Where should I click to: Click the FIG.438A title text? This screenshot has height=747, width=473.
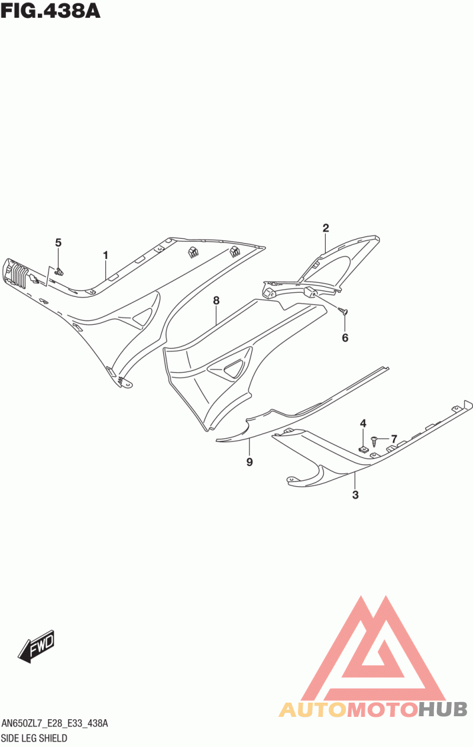[50, 10]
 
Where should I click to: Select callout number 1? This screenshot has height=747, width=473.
[106, 256]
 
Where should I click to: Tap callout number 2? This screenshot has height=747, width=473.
[325, 228]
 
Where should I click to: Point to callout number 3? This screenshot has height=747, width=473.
[355, 495]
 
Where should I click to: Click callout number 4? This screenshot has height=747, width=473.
[363, 423]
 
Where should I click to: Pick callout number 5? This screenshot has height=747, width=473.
[58, 242]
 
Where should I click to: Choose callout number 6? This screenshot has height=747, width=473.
[345, 338]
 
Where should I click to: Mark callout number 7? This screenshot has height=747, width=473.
[394, 439]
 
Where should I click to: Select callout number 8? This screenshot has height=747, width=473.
[216, 300]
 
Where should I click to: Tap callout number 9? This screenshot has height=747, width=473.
[250, 462]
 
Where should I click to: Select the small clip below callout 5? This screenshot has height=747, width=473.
[60, 272]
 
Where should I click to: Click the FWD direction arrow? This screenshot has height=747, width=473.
[37, 646]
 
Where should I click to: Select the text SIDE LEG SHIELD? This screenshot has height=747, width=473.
[34, 738]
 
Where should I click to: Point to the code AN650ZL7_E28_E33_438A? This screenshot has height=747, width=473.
[54, 724]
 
